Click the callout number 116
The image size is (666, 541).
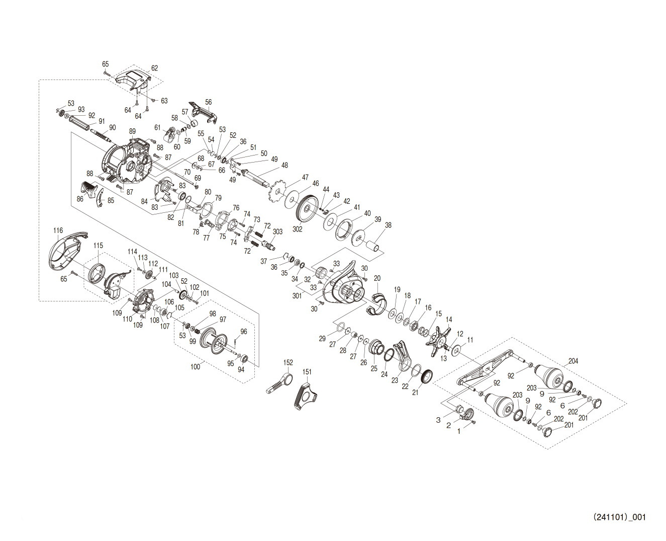click(58, 230)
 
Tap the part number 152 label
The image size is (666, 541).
click(288, 362)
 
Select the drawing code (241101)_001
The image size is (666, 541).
click(619, 517)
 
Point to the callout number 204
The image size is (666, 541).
click(574, 361)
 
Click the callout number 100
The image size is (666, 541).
click(196, 367)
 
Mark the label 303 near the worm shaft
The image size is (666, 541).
click(277, 231)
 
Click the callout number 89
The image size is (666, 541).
click(133, 131)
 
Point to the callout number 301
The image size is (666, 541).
click(297, 296)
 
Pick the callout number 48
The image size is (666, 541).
click(284, 165)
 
